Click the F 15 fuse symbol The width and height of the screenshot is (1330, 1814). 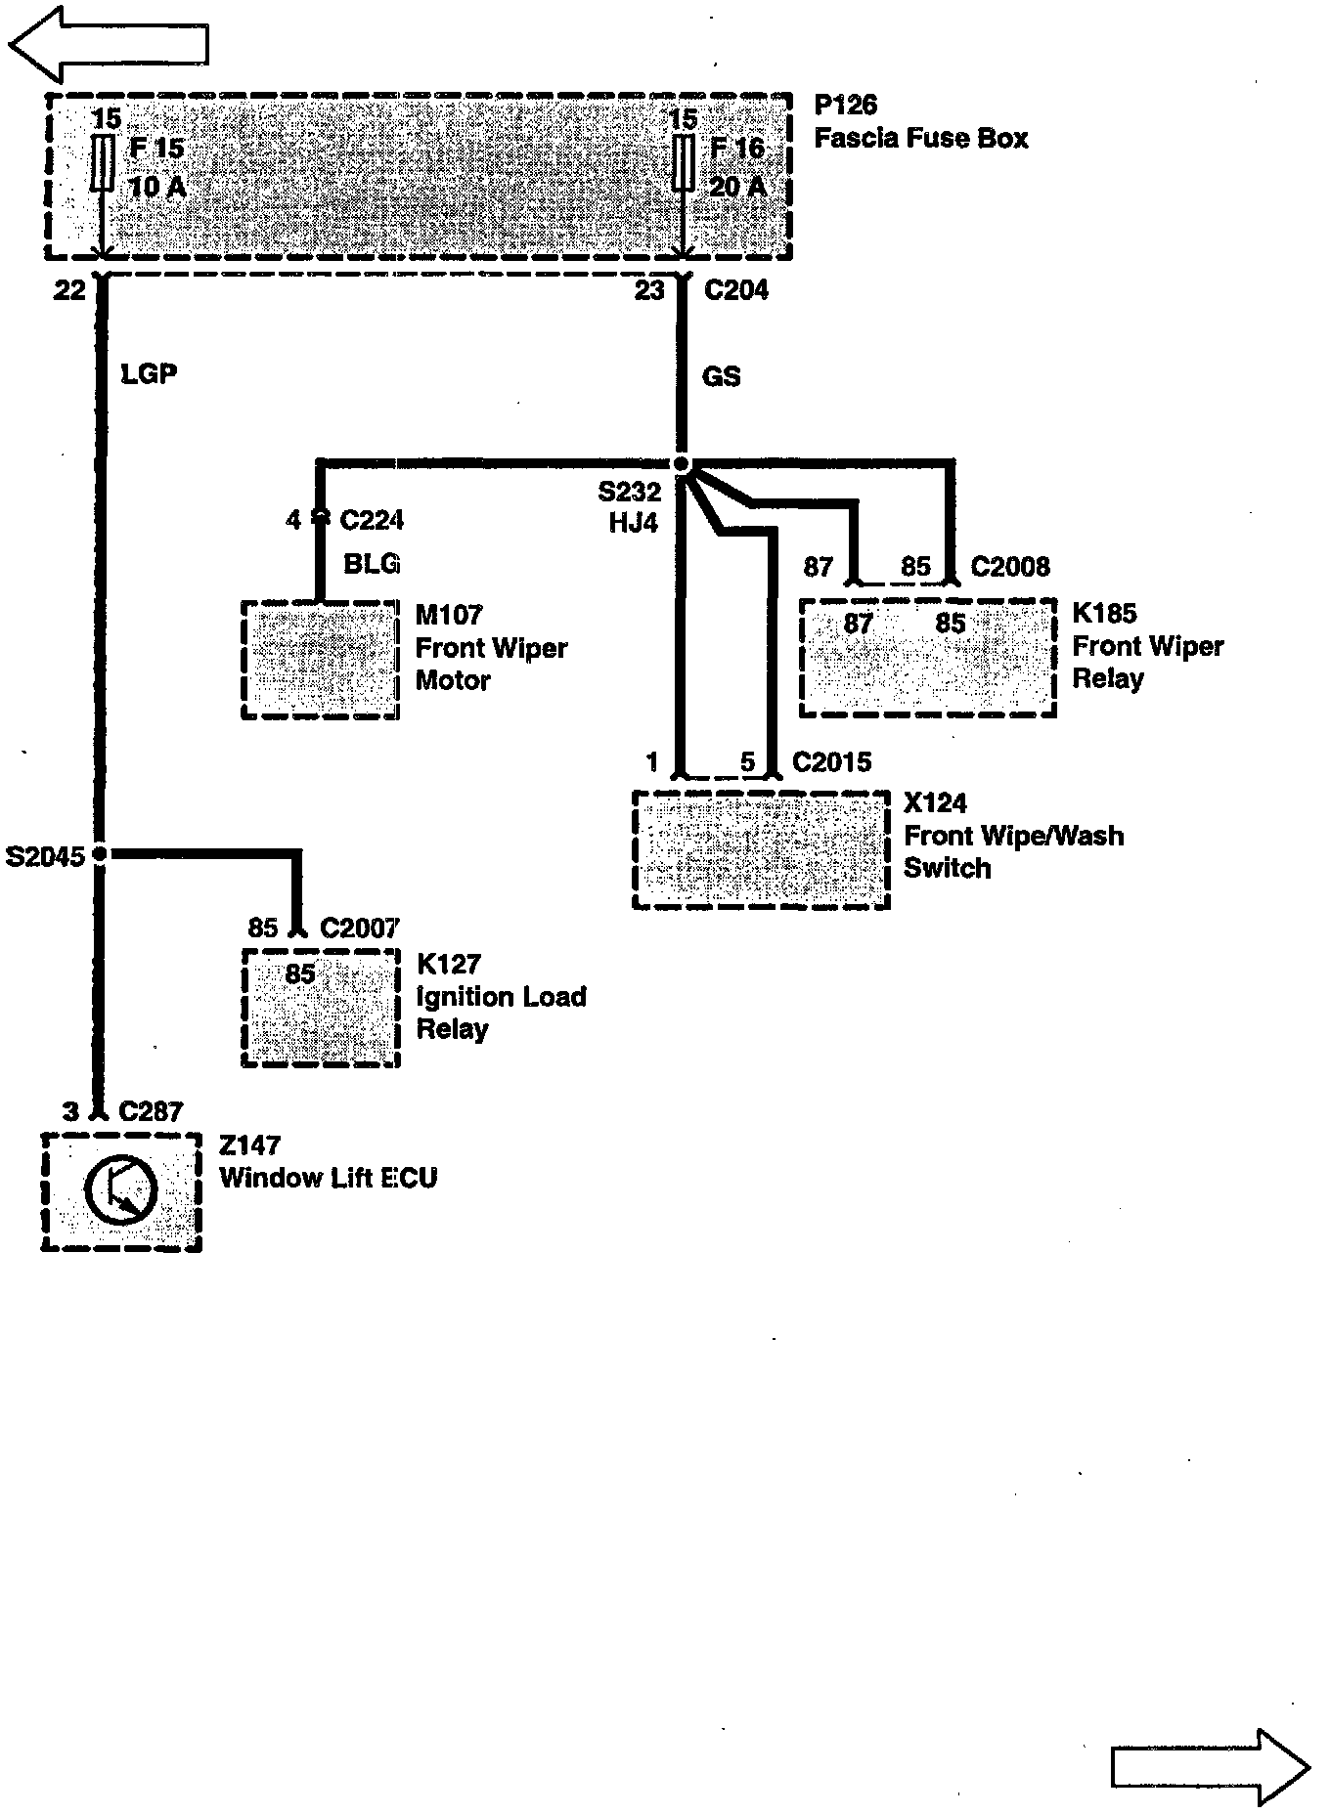coord(100,163)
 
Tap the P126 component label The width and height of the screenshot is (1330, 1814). coord(845,106)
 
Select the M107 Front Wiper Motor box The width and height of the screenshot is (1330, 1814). coord(320,660)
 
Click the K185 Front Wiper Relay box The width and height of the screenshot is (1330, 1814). coord(927,658)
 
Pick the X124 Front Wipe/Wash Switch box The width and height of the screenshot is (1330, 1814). coord(761,849)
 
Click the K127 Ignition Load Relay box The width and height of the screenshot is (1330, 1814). coord(320,1008)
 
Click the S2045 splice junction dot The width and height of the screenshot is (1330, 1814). coord(100,854)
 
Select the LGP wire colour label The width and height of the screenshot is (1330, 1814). coord(149,373)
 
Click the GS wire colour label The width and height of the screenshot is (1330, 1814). coord(721,376)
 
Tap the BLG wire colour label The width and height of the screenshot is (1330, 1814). coord(372,564)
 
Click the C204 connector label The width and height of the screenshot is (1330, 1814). coord(735,290)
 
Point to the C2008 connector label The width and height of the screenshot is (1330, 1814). coord(1010,567)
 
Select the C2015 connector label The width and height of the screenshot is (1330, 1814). coord(831,762)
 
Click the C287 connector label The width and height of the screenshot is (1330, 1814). coord(151,1111)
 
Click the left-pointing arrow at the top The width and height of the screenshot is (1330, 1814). coord(108,44)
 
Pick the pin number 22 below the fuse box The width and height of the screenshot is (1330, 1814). coord(69,290)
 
